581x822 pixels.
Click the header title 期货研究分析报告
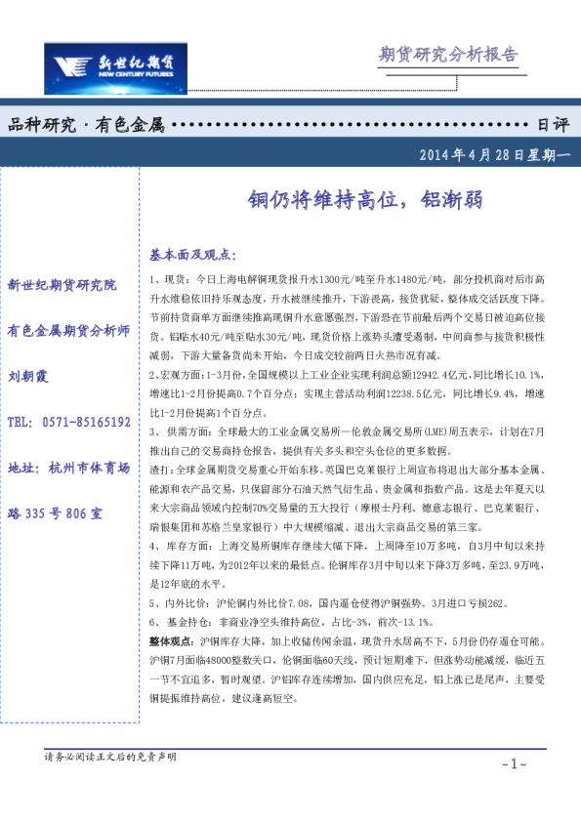(x=447, y=55)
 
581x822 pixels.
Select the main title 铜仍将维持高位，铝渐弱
(x=361, y=201)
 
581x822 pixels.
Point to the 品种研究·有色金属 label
(x=86, y=125)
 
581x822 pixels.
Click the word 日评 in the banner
(x=553, y=125)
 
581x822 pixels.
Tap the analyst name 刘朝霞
(x=29, y=376)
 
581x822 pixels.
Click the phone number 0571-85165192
(x=87, y=422)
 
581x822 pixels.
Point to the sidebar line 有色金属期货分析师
(x=68, y=330)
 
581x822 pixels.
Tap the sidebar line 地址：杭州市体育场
(x=68, y=468)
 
